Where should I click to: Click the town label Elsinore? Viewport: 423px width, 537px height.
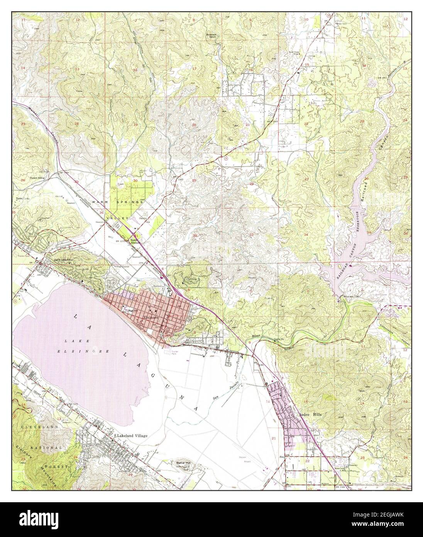point(149,315)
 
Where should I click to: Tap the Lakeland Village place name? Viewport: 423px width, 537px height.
point(132,436)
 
